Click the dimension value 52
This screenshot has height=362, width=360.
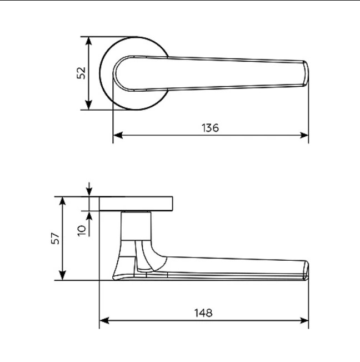pyautogui.click(x=81, y=72)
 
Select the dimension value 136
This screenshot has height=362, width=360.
pyautogui.click(x=210, y=127)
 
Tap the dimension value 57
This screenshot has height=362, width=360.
pyautogui.click(x=55, y=238)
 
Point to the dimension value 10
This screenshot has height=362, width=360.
pyautogui.click(x=82, y=229)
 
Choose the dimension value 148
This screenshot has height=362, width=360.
pyautogui.click(x=204, y=313)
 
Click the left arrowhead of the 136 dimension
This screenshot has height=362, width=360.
pyautogui.click(x=117, y=135)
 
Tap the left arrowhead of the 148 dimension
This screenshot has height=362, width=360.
pyautogui.click(x=103, y=321)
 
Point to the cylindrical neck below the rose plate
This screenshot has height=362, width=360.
pyautogui.click(x=136, y=225)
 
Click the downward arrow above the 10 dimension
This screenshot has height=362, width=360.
pyautogui.click(x=89, y=191)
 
